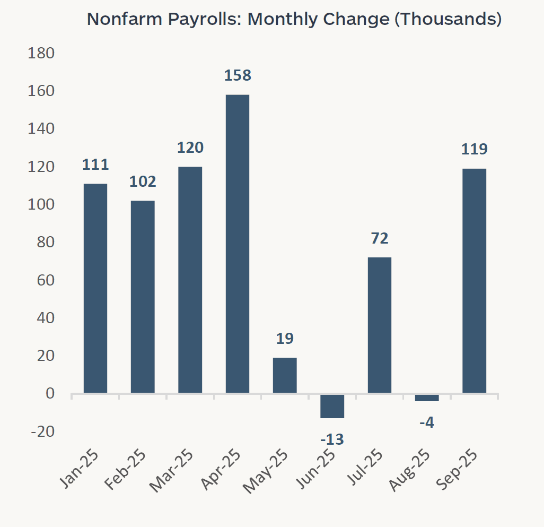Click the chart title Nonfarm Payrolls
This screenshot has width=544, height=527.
294,19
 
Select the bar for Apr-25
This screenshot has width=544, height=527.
237,244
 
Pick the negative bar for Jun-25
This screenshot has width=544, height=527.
332,406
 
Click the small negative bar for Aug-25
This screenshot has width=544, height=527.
427,398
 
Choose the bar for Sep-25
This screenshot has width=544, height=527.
474,281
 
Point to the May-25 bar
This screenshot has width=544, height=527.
285,375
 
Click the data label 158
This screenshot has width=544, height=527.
237,75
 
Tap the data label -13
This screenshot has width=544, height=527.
332,439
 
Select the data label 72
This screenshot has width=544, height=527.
379,238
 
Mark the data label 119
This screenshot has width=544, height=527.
474,149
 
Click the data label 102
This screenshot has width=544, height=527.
143,182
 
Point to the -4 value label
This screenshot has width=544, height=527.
427,423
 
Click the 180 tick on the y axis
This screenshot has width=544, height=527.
43,54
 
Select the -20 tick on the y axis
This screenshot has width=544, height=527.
43,431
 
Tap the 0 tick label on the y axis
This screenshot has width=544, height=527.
50,394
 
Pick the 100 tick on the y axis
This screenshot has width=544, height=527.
43,205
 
